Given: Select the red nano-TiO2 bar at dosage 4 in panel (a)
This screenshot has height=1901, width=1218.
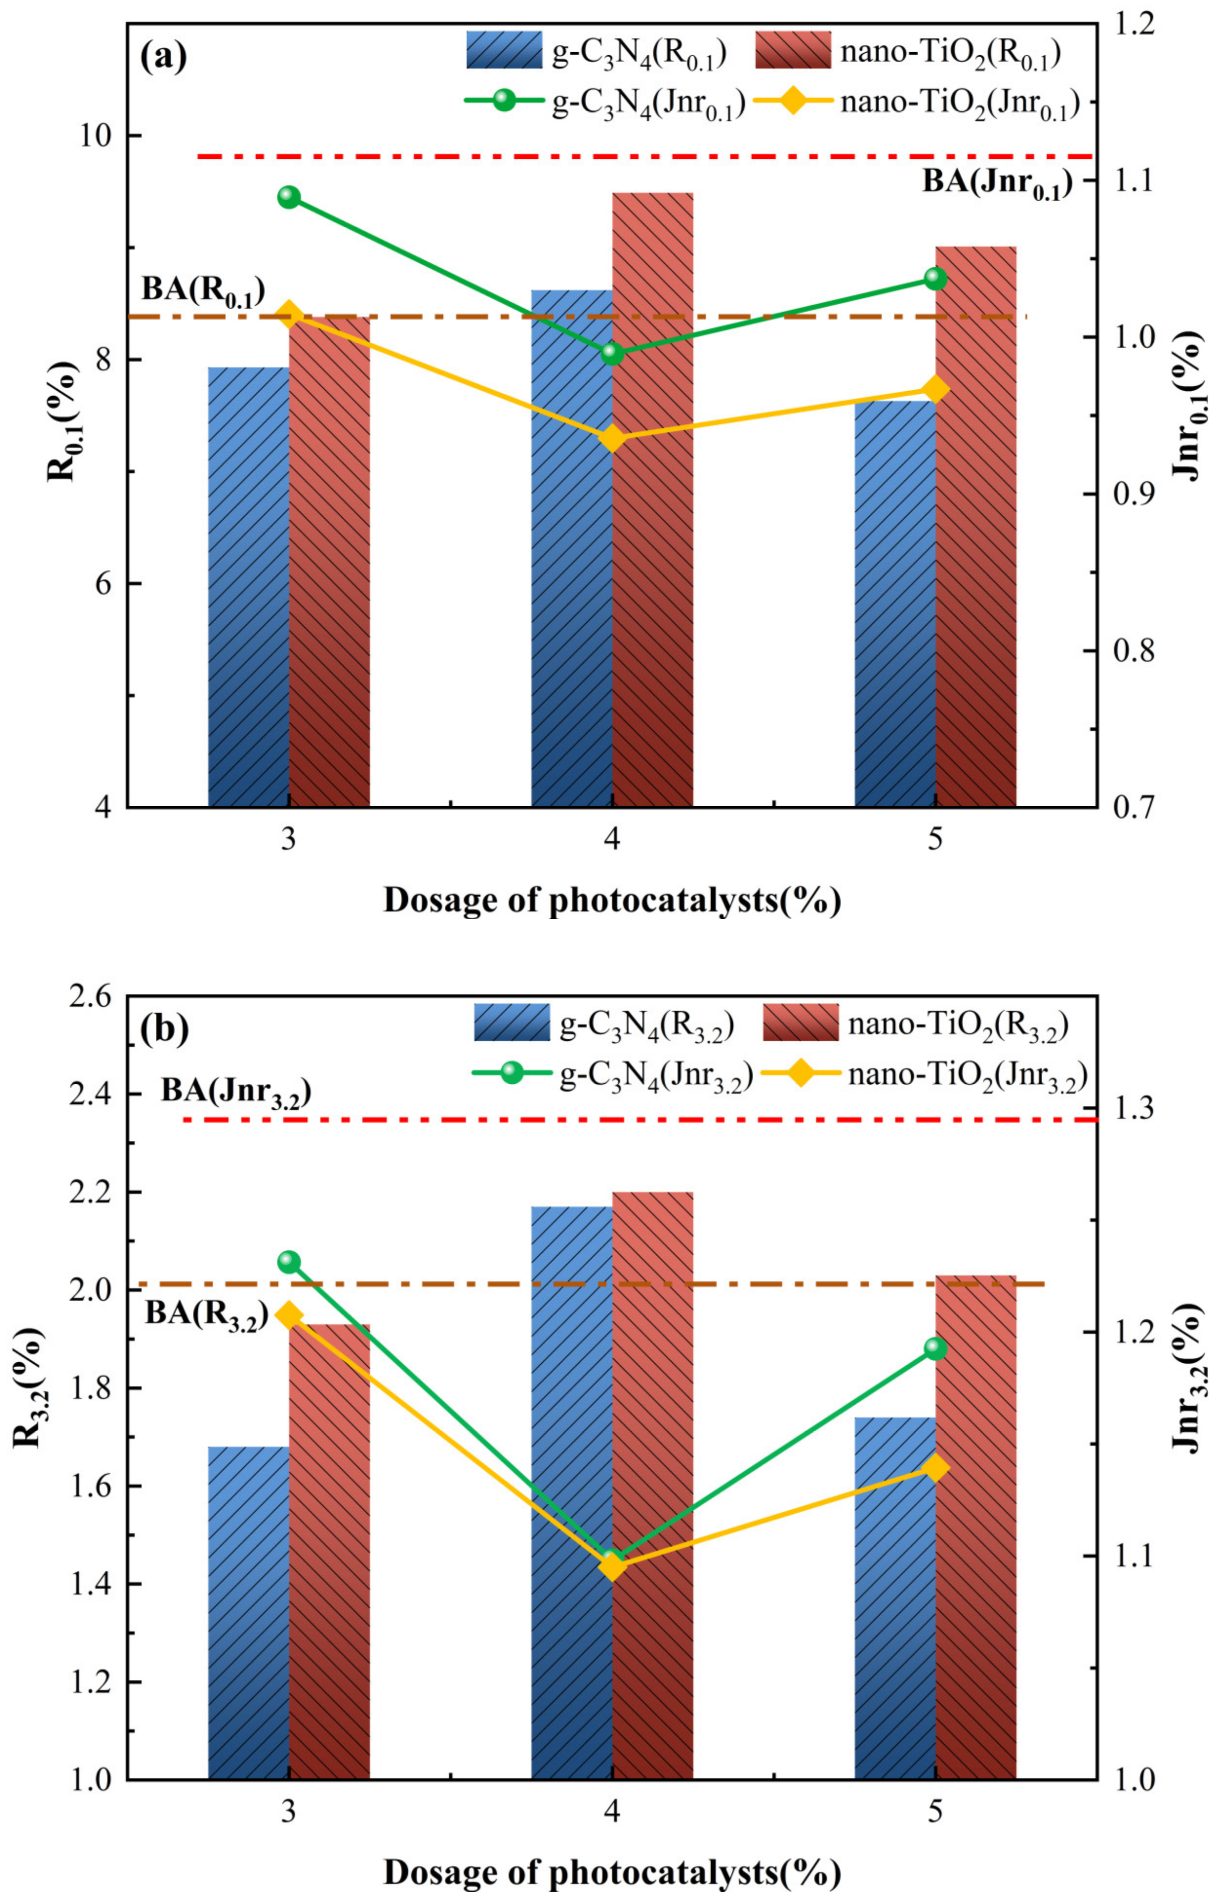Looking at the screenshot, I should pyautogui.click(x=653, y=507).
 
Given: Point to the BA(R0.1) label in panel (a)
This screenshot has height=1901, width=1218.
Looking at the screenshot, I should pyautogui.click(x=203, y=290).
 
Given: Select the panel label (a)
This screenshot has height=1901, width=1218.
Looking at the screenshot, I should pyautogui.click(x=163, y=57).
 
